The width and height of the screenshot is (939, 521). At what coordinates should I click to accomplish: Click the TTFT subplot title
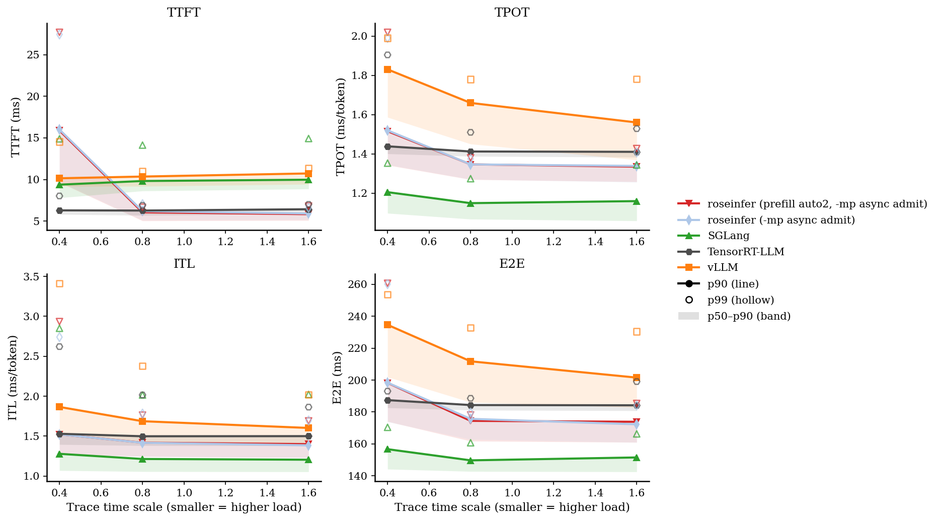184,13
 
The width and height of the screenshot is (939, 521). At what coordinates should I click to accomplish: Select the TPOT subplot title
512,13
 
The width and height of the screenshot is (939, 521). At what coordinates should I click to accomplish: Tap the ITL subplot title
184,264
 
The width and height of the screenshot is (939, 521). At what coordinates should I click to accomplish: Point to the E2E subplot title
512,264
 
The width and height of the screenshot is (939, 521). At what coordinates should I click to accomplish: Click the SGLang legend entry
728,236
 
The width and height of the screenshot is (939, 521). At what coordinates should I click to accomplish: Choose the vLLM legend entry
723,267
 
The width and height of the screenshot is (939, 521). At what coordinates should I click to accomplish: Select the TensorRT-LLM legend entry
746,252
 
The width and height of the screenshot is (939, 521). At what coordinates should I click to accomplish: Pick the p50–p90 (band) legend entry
749,316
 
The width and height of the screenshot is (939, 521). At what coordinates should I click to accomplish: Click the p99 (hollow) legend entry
740,300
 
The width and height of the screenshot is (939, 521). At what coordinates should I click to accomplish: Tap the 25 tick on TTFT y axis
33,55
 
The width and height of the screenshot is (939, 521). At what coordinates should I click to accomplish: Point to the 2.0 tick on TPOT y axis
360,36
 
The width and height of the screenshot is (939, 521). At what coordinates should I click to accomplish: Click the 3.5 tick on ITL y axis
32,277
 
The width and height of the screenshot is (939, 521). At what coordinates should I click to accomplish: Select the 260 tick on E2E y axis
358,284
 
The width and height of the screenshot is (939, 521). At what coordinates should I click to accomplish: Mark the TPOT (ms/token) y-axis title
341,127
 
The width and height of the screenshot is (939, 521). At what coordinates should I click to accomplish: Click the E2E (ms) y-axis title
337,378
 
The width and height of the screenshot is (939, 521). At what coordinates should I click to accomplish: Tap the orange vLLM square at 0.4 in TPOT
387,69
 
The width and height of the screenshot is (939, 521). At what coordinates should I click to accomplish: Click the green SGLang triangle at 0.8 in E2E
471,460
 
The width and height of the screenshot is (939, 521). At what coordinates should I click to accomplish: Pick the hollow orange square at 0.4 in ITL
59,284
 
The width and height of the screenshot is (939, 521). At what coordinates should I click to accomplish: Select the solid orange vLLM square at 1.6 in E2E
637,378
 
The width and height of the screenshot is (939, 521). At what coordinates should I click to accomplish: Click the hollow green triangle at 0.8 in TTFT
142,145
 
